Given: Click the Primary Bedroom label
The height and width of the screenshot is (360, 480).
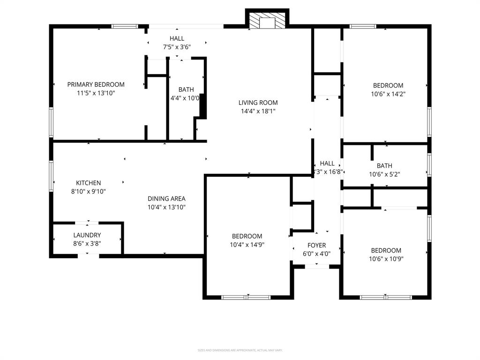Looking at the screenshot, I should pos(96,84).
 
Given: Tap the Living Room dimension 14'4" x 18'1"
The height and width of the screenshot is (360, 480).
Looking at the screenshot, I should pos(258,112).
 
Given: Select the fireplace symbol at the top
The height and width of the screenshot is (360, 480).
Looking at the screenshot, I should pos(267,21).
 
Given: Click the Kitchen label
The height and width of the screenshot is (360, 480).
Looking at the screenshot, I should pos(88,183).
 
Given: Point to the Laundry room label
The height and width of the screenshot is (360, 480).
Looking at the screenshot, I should pos(87,235).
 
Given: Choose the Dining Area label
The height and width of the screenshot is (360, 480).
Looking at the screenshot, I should pos(166,198).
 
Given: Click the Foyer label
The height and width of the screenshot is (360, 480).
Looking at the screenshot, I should pos(316,245).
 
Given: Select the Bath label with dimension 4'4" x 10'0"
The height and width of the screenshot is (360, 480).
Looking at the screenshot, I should pos(186,90).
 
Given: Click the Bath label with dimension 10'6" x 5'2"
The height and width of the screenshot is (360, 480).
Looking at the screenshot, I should pos(384,165).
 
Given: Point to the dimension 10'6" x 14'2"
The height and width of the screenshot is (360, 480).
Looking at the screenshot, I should pos(388,94).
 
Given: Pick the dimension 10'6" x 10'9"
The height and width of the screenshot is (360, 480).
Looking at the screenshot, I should pos(386,259).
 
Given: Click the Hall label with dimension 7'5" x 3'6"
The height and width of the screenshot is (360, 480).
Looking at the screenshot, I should pos(177,38).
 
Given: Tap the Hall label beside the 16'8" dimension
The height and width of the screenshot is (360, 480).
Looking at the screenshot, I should pos(327,163).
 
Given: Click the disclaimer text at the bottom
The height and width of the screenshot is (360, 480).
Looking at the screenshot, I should pos(240,350).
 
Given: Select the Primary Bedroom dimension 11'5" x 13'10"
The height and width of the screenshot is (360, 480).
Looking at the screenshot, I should pos(96,93).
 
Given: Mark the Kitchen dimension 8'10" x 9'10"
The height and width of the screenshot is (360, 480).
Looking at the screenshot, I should pos(88,191).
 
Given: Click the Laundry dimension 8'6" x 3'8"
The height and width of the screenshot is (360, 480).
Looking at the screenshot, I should pos(87,243).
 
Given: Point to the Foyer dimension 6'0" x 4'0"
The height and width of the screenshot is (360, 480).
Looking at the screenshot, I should pos(316,254).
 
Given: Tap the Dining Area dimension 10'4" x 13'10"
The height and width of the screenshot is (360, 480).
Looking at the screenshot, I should pos(166,207).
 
